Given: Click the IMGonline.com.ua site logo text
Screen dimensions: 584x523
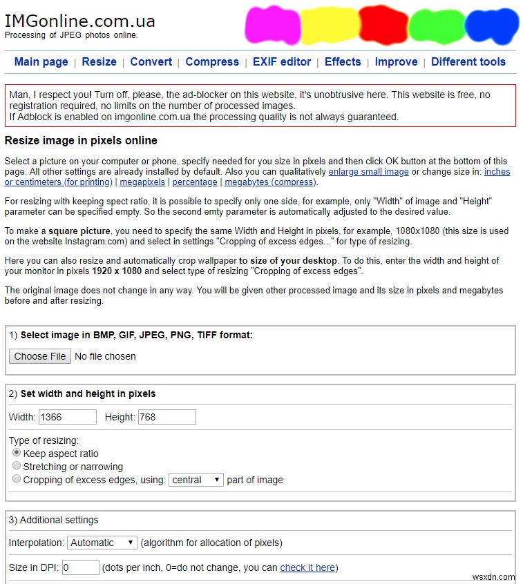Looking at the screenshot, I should pos(79,21).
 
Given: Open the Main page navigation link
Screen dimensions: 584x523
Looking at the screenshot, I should pos(41,61).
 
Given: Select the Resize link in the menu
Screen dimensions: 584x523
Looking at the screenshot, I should pos(99,61).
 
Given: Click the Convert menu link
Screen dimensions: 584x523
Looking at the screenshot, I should pos(151,61).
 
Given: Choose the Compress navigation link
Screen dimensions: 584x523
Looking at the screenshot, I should pos(212,61).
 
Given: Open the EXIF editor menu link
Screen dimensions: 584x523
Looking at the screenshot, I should pos(282,61).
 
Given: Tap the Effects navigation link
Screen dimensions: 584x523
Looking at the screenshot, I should pos(343,61).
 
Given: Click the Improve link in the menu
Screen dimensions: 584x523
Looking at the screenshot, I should pos(396,61).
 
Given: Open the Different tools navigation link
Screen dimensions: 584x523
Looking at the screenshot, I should pos(468,61).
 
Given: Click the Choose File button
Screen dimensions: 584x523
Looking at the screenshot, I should pos(40,356).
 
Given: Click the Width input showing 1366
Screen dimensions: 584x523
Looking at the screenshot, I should pos(68,417).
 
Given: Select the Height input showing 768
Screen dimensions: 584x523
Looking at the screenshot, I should pos(167,417).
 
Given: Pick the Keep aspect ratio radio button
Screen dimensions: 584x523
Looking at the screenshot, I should pos(17,453).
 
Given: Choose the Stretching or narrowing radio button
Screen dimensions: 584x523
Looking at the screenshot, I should pos(17,466).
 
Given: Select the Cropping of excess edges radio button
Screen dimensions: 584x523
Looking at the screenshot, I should pos(17,479).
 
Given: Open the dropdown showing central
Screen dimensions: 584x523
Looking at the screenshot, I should pos(196,480).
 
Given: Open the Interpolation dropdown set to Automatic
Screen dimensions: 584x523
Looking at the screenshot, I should pos(102,543).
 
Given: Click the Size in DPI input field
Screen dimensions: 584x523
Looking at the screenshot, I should pos(81,567).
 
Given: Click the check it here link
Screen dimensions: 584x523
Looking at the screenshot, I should pos(307,567).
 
